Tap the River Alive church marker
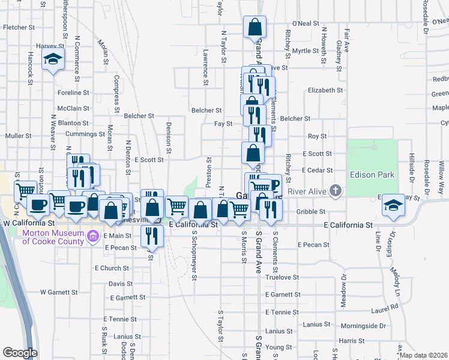336,191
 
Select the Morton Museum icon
93,237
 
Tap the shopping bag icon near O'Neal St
255,27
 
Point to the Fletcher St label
19,28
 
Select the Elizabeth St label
325,90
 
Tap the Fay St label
223,124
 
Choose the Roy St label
317,136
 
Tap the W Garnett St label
59,292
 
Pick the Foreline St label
73,93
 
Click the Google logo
20,353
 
